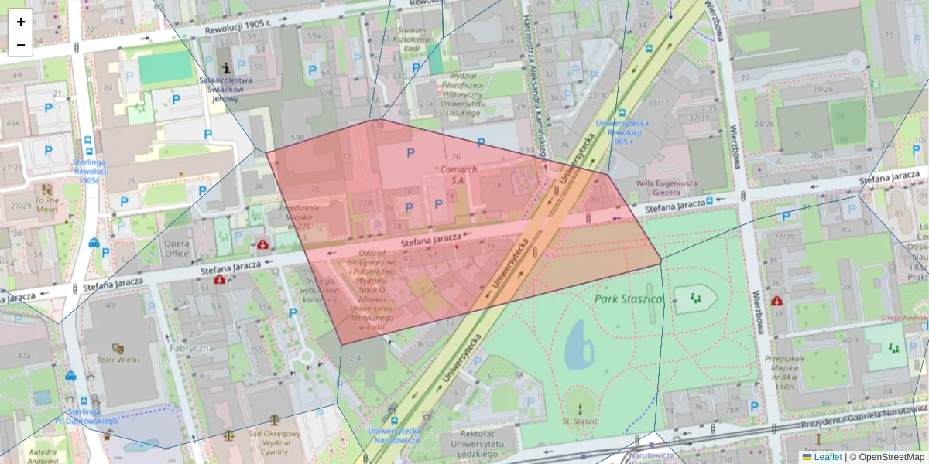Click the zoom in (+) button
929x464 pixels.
pos(21,22)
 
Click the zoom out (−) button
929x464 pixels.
pos(21,45)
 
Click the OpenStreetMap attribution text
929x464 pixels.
pos(886,457)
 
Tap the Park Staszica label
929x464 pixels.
pos(629,298)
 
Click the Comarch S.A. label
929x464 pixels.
pos(457,174)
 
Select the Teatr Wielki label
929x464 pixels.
pos(118,359)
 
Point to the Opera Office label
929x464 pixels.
pos(177,248)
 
